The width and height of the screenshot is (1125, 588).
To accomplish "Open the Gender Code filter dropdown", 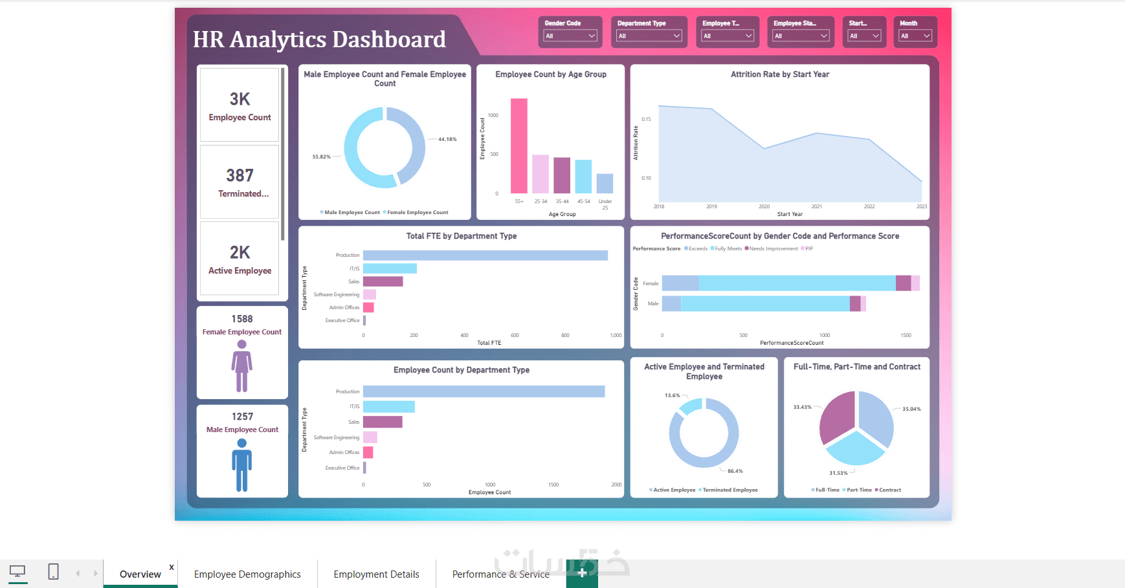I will pos(570,36).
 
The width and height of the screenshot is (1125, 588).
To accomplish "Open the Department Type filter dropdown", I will pos(649,36).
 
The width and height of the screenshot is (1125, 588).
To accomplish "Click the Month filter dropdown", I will pos(915,36).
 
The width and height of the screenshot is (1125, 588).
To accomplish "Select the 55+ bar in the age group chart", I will pos(519,146).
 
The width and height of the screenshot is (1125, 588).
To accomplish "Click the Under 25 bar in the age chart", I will pos(605,183).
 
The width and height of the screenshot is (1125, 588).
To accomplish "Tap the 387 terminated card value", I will pos(239,175).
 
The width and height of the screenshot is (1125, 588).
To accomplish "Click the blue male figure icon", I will pos(242,465).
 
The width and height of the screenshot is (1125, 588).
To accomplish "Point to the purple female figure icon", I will pos(242,366).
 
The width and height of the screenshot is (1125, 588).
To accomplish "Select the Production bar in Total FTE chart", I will pos(485,256).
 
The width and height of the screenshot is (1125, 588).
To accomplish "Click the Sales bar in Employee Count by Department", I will pos(383,422).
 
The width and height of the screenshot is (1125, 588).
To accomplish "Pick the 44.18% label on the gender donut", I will pos(447,139).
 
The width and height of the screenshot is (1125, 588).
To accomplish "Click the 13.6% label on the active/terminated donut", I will pos(672,395).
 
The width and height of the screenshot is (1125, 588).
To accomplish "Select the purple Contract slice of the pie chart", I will pos(838,417).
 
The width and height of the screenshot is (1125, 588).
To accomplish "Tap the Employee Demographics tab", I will pos(247,574).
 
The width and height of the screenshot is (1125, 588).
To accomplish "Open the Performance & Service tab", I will pos(500,574).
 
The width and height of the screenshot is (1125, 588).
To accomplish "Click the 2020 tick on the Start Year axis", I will pos(764,207).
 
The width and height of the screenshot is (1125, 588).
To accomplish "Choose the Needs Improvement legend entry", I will pos(773,248).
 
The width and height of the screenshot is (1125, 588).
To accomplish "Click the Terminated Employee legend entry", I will pos(730,490).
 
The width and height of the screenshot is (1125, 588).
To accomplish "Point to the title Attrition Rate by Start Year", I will pos(779,74).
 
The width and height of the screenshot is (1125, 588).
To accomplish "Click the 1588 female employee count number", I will pos(242,319).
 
